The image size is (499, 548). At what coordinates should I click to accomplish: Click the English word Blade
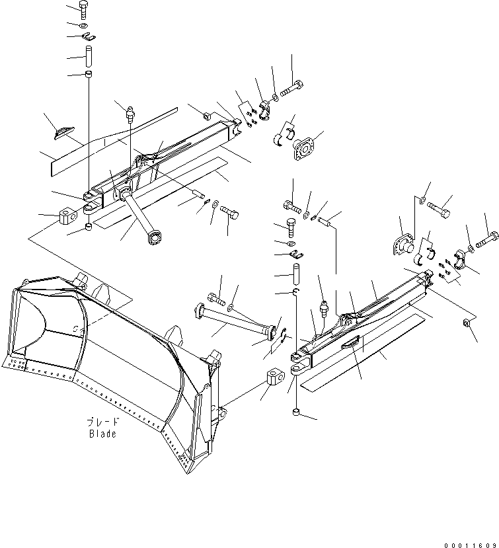(102, 434)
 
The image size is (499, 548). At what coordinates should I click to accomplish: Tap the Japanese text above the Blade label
(102, 422)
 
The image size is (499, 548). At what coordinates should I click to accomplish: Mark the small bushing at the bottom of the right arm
(297, 413)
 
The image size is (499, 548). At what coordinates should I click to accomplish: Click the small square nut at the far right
(467, 323)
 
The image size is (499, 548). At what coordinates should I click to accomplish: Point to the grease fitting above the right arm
(323, 307)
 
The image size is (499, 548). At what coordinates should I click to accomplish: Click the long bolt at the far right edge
(490, 235)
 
